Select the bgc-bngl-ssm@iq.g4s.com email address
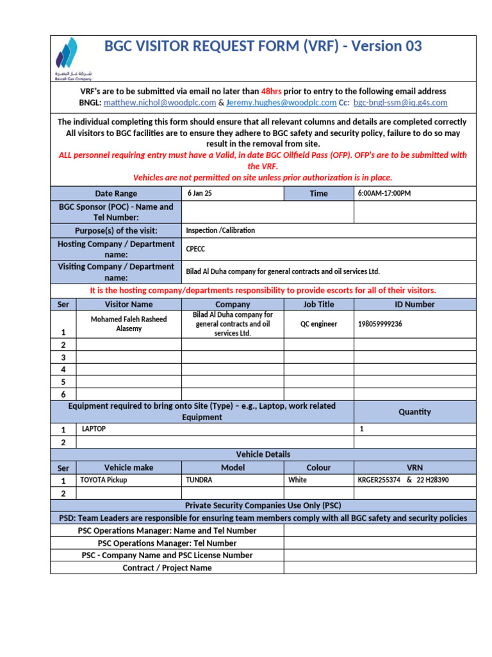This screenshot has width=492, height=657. (x=400, y=103)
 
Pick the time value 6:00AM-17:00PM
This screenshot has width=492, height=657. (x=384, y=193)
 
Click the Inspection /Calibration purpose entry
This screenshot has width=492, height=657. (x=220, y=230)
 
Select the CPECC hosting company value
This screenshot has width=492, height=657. (x=195, y=249)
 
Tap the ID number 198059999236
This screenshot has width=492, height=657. (x=380, y=324)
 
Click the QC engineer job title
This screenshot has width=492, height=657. (x=318, y=324)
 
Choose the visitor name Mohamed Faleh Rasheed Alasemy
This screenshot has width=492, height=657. (x=129, y=324)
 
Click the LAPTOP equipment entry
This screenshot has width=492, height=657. (x=93, y=429)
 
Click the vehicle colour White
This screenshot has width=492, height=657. (x=298, y=480)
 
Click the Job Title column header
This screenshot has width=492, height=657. (x=318, y=304)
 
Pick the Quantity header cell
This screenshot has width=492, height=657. (x=414, y=412)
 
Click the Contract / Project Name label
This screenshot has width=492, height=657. (x=167, y=568)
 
